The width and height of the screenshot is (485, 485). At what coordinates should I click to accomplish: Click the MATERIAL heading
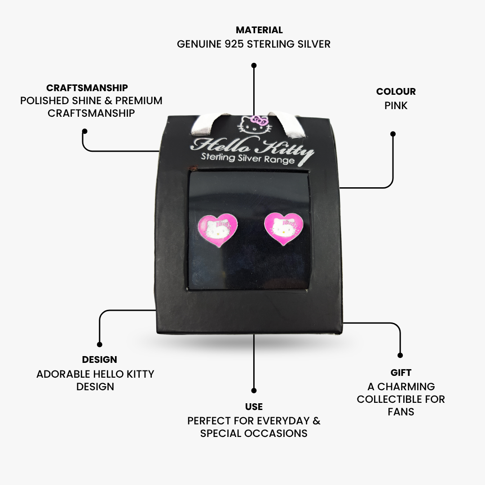coord(259,30)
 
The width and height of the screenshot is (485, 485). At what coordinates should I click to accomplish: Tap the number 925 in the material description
coord(234,44)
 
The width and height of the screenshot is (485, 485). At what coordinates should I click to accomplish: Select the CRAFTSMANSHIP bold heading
coord(87,88)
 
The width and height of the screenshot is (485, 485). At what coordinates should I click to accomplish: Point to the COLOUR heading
coord(396,92)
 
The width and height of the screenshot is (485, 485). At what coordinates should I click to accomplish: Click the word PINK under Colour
coord(396,106)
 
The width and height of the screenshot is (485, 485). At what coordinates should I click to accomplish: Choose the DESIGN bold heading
coord(100,359)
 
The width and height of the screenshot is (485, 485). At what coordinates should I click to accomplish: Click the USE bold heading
coord(254,406)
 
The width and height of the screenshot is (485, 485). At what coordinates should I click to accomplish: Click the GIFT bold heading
coord(401,372)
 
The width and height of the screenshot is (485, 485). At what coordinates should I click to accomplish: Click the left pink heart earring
coord(217,229)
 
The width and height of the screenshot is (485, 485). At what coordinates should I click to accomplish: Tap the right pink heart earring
coord(284,228)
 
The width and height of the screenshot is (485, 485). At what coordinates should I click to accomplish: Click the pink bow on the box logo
coord(259,120)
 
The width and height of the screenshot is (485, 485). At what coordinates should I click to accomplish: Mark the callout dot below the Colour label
coord(393,134)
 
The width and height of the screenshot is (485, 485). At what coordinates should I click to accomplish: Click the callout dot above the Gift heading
coord(400,355)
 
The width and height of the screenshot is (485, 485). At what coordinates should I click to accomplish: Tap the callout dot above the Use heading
coord(254,390)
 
